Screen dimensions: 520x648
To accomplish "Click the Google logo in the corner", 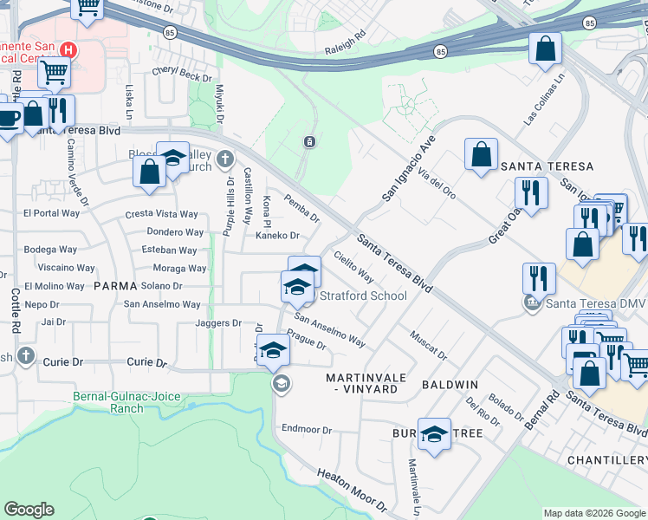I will (x=29, y=510).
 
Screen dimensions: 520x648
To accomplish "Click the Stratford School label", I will (x=363, y=296).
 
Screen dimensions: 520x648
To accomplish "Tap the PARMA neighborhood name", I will (x=115, y=285).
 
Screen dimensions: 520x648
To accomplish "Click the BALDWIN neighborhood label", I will (x=450, y=384).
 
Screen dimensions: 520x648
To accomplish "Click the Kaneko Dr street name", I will (x=276, y=236).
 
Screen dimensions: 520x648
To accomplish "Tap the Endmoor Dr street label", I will (x=307, y=430).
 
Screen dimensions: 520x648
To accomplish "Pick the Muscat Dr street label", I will (x=429, y=345).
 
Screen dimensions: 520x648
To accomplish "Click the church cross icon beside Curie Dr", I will (x=27, y=355).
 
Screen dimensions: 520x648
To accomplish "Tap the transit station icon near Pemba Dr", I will (x=309, y=141).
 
